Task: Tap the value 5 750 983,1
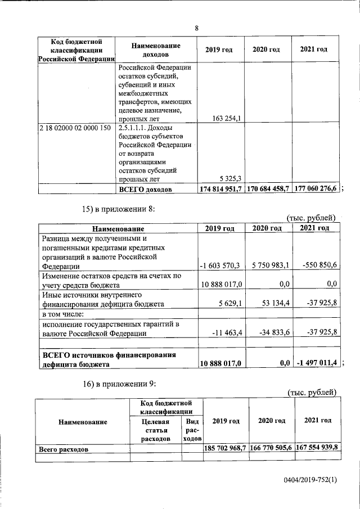268,265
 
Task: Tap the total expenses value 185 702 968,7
224,449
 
